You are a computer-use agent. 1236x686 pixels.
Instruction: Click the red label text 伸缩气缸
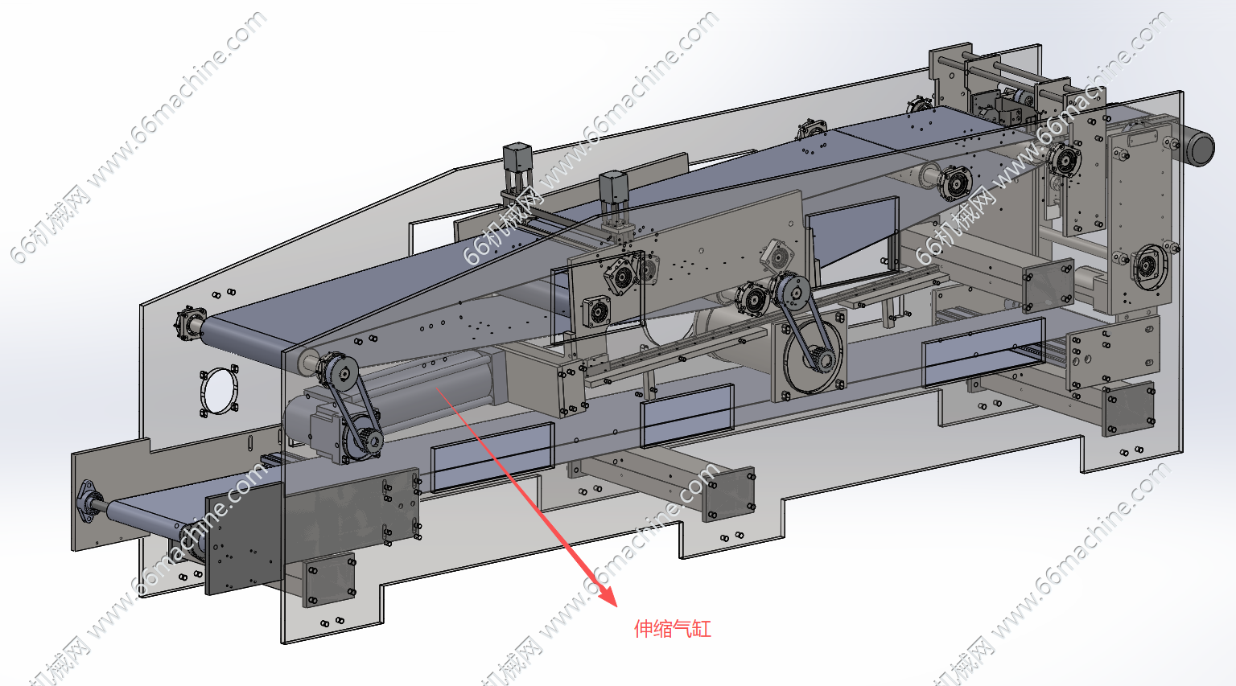tap(673, 629)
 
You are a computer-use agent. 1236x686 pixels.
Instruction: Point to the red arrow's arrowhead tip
tap(615, 604)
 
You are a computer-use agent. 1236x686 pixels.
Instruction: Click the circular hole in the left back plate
tap(219, 392)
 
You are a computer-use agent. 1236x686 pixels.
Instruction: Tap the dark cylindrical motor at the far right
tap(1197, 146)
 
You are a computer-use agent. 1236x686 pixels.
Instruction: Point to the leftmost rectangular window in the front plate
tap(492, 458)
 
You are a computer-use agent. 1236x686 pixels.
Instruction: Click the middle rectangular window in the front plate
tap(687, 415)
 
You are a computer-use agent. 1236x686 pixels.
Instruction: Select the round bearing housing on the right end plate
tap(1147, 264)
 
